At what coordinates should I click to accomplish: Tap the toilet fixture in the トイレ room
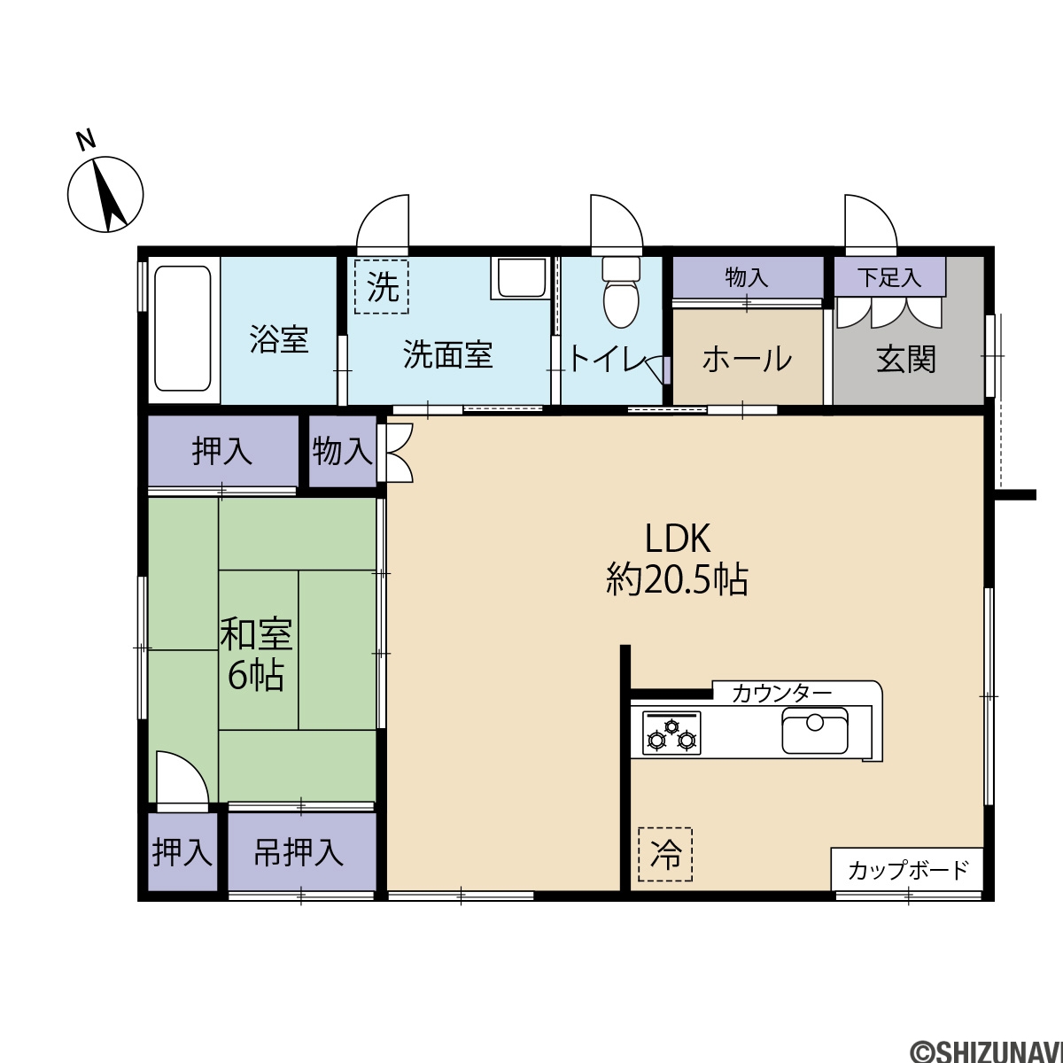pyautogui.click(x=622, y=291)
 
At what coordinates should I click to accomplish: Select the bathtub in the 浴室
pyautogui.click(x=182, y=329)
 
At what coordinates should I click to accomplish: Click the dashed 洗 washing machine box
pyautogui.click(x=382, y=287)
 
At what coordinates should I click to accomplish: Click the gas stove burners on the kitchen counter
pyautogui.click(x=671, y=733)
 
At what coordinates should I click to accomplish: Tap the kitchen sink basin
pyautogui.click(x=815, y=731)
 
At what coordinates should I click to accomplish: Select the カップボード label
pyautogui.click(x=908, y=871)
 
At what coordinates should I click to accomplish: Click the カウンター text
pyautogui.click(x=781, y=694)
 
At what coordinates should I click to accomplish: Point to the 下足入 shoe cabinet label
pyautogui.click(x=889, y=278)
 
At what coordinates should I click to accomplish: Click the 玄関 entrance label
pyautogui.click(x=906, y=360)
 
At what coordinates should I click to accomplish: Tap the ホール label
pyautogui.click(x=747, y=359)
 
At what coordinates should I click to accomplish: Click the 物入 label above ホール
pyautogui.click(x=747, y=277)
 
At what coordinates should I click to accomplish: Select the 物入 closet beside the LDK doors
pyautogui.click(x=343, y=452)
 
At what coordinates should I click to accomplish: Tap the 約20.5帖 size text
pyautogui.click(x=678, y=578)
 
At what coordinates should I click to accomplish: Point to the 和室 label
pyautogui.click(x=257, y=635)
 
